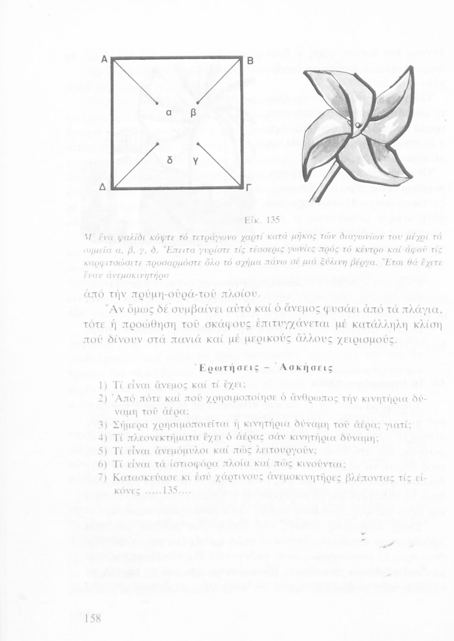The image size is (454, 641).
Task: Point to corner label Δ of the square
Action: (x=103, y=188)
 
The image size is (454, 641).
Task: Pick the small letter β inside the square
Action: (x=193, y=113)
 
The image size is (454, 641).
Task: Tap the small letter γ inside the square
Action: (x=195, y=161)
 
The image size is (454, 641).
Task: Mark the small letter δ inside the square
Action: (x=170, y=160)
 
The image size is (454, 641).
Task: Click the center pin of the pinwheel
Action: (x=357, y=125)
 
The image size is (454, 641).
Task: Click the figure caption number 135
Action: (x=273, y=220)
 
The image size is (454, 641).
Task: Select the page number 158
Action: (x=93, y=618)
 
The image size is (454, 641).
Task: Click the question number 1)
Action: (x=103, y=385)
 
